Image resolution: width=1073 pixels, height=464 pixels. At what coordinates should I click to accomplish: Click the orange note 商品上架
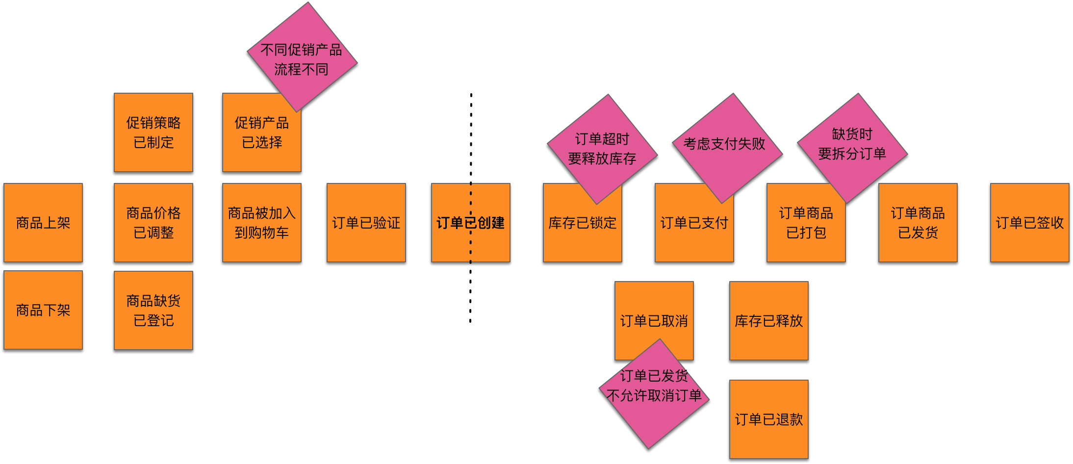pos(43,223)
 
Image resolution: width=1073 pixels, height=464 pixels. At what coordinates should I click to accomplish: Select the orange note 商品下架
pos(43,310)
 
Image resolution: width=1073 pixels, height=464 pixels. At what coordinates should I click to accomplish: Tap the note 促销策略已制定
pos(153,132)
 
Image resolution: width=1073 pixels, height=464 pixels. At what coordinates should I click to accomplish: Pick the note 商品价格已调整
pos(153,223)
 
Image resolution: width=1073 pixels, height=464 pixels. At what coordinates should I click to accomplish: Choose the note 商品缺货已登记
pos(153,310)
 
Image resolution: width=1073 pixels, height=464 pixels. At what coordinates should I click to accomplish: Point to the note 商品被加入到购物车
pos(262,223)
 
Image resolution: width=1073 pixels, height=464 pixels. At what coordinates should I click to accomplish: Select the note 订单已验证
pos(366,223)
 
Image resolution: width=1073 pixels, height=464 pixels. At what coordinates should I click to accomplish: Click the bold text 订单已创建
pos(471,223)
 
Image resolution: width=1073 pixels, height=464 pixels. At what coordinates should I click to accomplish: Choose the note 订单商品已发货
pos(918,223)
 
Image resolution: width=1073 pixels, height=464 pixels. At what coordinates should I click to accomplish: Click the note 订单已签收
pos(1030,223)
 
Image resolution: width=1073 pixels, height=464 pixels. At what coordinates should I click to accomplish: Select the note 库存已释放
pos(769,321)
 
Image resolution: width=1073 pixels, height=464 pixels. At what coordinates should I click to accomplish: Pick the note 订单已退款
pos(769,419)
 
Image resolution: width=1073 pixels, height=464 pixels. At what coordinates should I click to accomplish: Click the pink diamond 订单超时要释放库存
pos(602,149)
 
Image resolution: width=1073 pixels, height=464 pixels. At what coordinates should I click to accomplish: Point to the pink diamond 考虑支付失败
pos(725,145)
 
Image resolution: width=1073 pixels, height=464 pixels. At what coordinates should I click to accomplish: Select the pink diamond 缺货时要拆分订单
pos(852,144)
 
